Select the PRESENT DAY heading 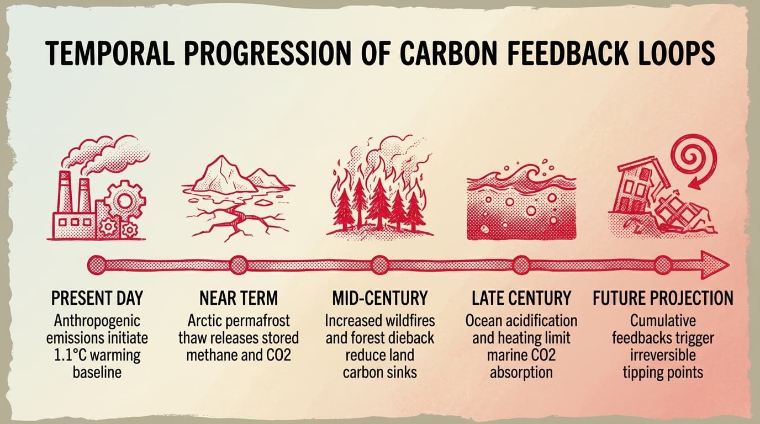(97, 299)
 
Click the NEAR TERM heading (239, 299)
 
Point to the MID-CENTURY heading (380, 299)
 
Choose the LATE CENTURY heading (521, 299)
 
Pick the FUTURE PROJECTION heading (663, 299)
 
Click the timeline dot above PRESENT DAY (97, 266)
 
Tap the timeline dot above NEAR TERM (239, 266)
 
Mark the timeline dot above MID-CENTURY (380, 266)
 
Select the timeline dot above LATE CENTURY (521, 266)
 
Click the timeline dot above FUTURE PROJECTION (663, 266)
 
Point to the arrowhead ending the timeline (716, 266)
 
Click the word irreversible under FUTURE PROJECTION (663, 354)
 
